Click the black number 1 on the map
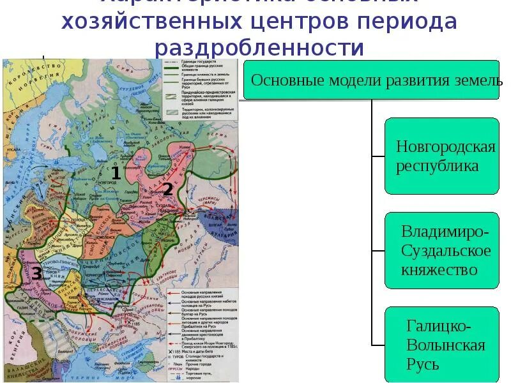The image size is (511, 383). [116, 172]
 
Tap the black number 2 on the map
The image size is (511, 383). [167, 189]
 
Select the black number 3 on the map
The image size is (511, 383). [37, 274]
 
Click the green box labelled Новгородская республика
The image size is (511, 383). [441, 156]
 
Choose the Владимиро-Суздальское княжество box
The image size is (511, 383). [441, 250]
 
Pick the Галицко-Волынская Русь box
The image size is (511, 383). [441, 345]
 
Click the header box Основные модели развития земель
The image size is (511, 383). [371, 80]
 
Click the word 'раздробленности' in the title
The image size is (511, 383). [259, 49]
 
